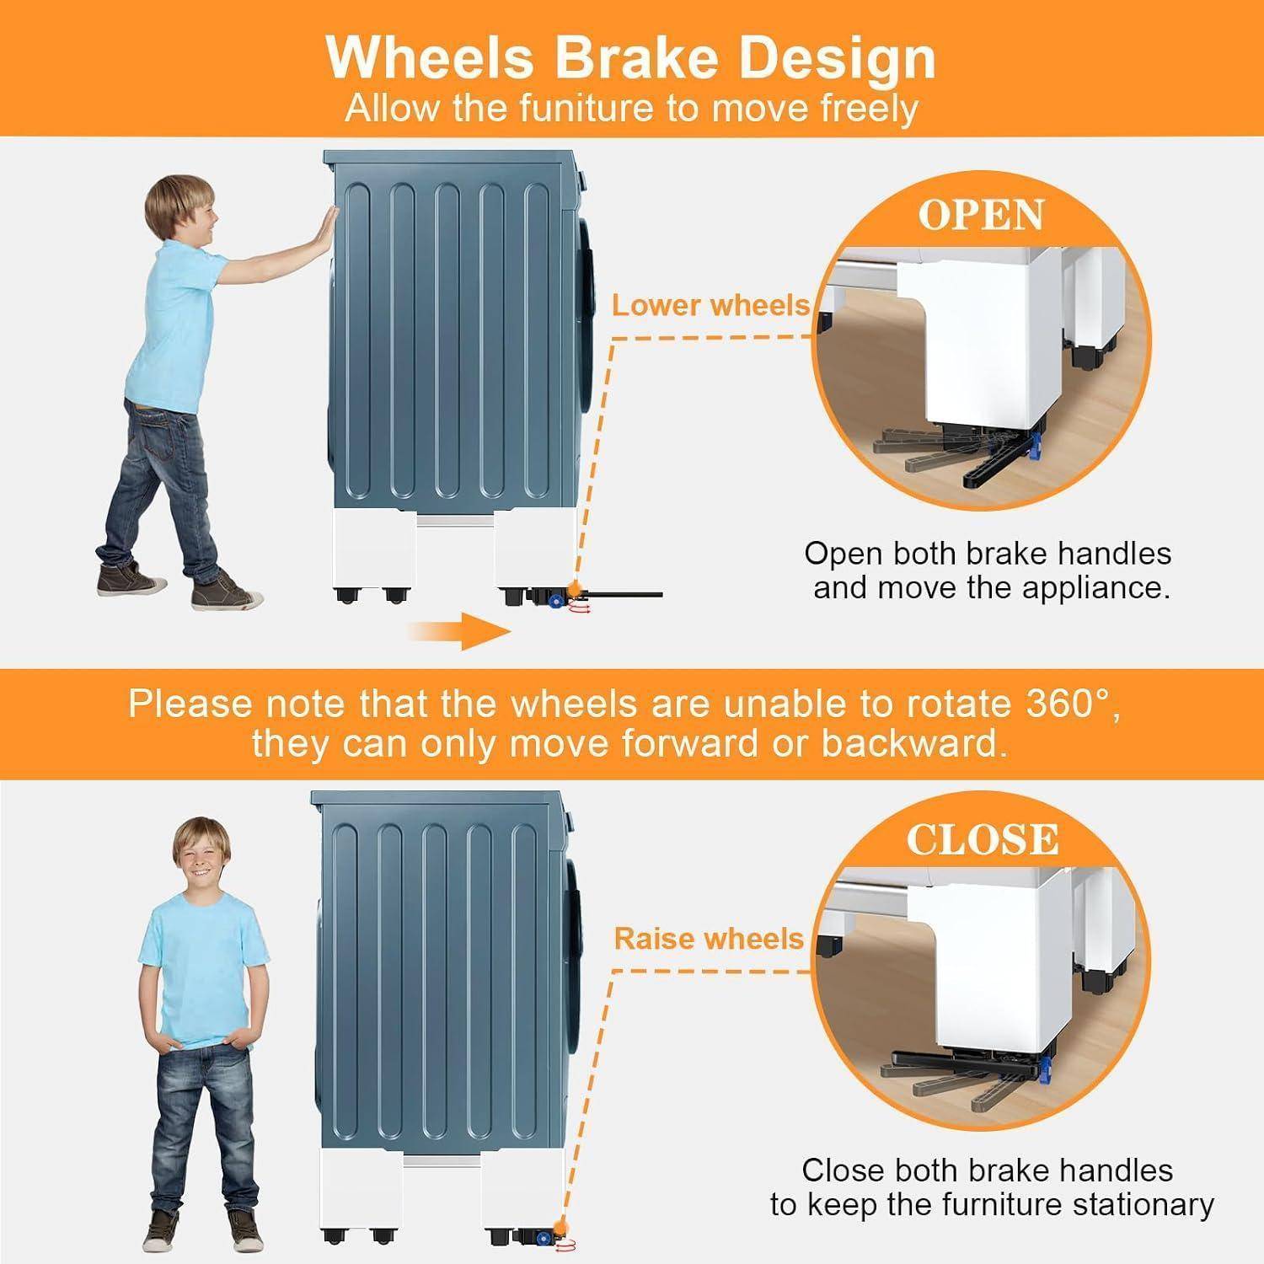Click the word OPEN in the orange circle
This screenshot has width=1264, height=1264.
point(981,215)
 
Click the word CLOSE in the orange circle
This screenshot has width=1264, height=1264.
point(982,838)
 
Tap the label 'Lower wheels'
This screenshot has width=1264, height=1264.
point(710,305)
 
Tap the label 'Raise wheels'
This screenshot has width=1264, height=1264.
point(709,938)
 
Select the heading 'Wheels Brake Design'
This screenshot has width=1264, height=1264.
point(630,57)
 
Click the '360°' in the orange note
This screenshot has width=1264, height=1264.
point(1072,704)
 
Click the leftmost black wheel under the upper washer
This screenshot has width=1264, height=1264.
point(345,595)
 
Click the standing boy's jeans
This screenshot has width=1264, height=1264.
point(200,1129)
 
